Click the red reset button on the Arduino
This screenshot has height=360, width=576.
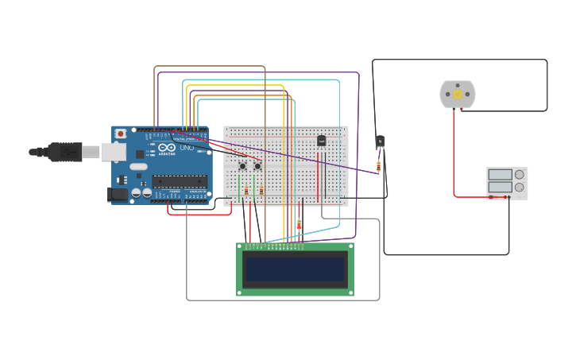(x=121, y=134)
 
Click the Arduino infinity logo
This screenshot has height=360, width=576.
(x=166, y=147)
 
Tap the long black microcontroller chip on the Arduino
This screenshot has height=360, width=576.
(x=180, y=181)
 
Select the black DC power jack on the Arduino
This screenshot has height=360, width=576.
(x=118, y=194)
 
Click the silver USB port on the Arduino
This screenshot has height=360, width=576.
(x=114, y=152)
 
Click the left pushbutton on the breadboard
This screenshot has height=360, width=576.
(x=242, y=166)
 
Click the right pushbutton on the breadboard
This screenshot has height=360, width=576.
(x=257, y=166)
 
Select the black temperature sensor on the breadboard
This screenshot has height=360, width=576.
(x=321, y=141)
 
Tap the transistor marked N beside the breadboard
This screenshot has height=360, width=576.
(x=380, y=141)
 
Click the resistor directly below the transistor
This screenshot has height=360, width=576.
(x=378, y=166)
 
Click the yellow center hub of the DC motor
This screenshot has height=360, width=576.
(x=458, y=95)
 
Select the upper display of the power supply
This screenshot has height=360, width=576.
(x=500, y=175)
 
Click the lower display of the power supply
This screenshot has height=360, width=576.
(x=500, y=188)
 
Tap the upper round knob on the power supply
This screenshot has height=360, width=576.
(x=520, y=175)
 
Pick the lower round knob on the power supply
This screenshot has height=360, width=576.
(x=520, y=188)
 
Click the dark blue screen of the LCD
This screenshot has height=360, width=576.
(x=295, y=269)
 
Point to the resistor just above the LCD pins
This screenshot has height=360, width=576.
(x=299, y=226)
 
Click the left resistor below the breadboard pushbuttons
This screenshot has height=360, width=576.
(x=246, y=191)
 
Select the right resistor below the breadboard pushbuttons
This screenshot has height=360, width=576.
(x=261, y=191)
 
